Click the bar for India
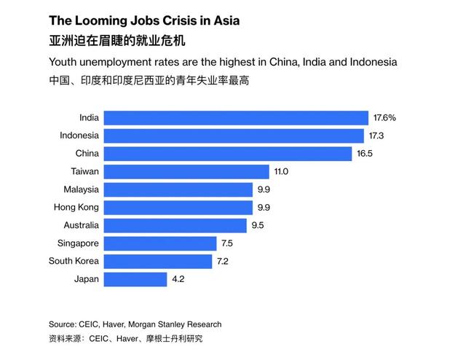click(236, 117)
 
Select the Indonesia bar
click(234, 136)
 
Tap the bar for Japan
click(135, 279)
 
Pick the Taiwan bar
click(186, 171)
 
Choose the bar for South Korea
click(158, 261)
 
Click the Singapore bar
click(160, 243)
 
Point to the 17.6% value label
click(384, 117)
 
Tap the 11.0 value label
click(282, 171)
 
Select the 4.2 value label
click(179, 279)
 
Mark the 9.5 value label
click(258, 225)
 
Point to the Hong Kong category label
click(76, 207)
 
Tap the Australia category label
click(81, 225)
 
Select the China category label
click(87, 154)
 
